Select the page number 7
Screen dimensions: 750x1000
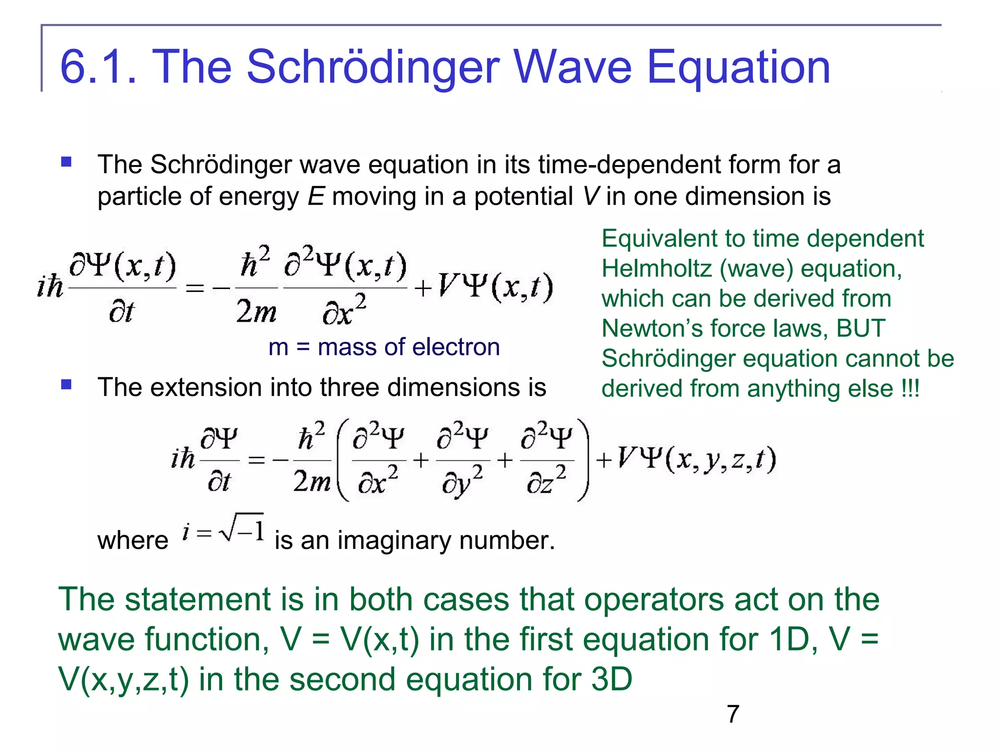[x=733, y=714]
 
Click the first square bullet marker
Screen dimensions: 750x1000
[x=66, y=162]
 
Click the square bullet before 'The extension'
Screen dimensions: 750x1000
[x=66, y=385]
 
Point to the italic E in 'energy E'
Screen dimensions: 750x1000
[x=316, y=196]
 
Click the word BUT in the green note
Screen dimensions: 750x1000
[x=860, y=328]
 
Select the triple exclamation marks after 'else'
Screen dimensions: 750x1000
[x=911, y=389]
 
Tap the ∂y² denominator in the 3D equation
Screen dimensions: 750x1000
[x=462, y=481]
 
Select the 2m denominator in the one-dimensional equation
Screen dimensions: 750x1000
[x=256, y=312]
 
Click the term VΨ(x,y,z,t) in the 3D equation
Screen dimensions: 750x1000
[x=696, y=459]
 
